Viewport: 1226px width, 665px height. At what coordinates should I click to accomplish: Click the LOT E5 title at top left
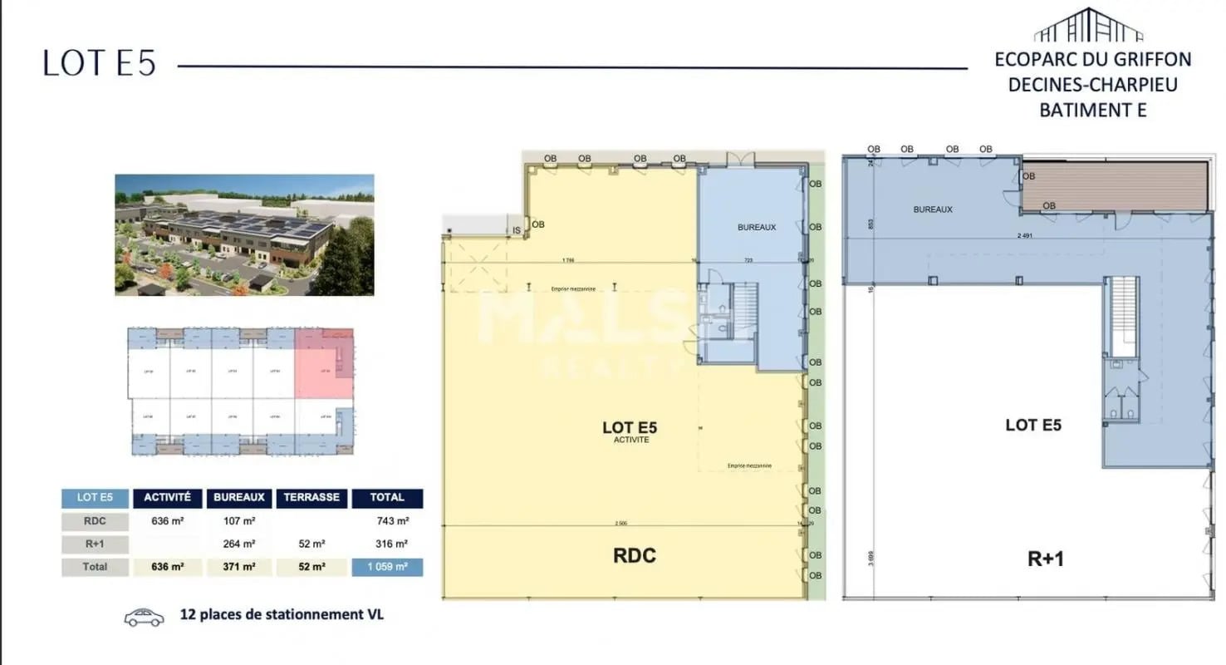tap(99, 64)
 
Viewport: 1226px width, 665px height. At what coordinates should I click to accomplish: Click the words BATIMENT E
tap(1092, 109)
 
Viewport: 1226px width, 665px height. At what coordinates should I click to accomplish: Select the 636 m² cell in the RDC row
tap(168, 521)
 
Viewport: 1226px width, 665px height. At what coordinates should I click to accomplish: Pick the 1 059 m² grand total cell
tap(387, 567)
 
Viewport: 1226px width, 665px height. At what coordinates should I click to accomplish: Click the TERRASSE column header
tap(311, 498)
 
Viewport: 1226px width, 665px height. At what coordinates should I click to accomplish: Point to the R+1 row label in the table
tap(95, 544)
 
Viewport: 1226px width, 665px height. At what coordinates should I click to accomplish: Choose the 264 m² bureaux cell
tap(239, 544)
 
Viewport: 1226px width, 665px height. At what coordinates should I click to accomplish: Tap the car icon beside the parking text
tap(144, 617)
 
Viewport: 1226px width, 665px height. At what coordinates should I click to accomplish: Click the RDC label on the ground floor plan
tap(634, 555)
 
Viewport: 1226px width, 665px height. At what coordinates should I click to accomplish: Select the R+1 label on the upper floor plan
tap(1045, 559)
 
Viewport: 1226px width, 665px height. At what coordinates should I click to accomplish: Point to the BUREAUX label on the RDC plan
tap(756, 227)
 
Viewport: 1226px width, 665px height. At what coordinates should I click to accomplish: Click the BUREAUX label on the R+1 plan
tap(933, 209)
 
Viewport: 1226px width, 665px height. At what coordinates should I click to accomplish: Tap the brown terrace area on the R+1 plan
tap(1113, 185)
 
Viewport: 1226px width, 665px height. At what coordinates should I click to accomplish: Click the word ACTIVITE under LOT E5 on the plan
tap(630, 440)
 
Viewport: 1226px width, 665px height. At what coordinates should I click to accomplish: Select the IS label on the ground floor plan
tap(516, 229)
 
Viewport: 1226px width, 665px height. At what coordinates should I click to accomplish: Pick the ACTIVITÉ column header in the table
tap(168, 498)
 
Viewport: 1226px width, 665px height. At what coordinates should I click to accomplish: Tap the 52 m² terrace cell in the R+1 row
tap(311, 544)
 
